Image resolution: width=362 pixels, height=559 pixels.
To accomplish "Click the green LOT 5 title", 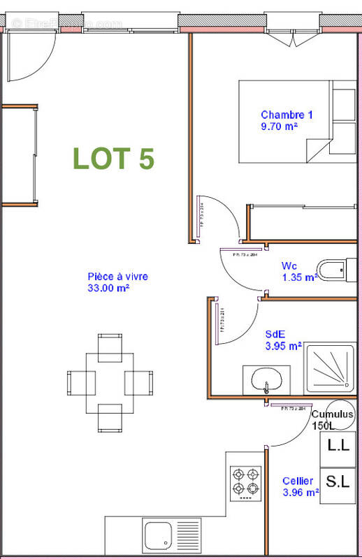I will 113,159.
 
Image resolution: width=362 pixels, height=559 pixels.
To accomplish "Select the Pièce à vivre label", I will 117,277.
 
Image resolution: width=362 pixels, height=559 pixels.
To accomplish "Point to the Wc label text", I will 289,266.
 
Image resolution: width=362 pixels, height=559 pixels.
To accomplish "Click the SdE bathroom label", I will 274,334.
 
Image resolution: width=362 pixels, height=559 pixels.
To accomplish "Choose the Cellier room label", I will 298,481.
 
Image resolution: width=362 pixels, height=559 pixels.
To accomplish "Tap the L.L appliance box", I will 339,444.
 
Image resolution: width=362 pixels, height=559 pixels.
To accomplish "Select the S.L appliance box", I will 339,481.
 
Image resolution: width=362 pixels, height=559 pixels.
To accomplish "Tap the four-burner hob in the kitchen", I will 245,481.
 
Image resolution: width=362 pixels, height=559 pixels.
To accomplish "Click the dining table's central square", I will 109,383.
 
